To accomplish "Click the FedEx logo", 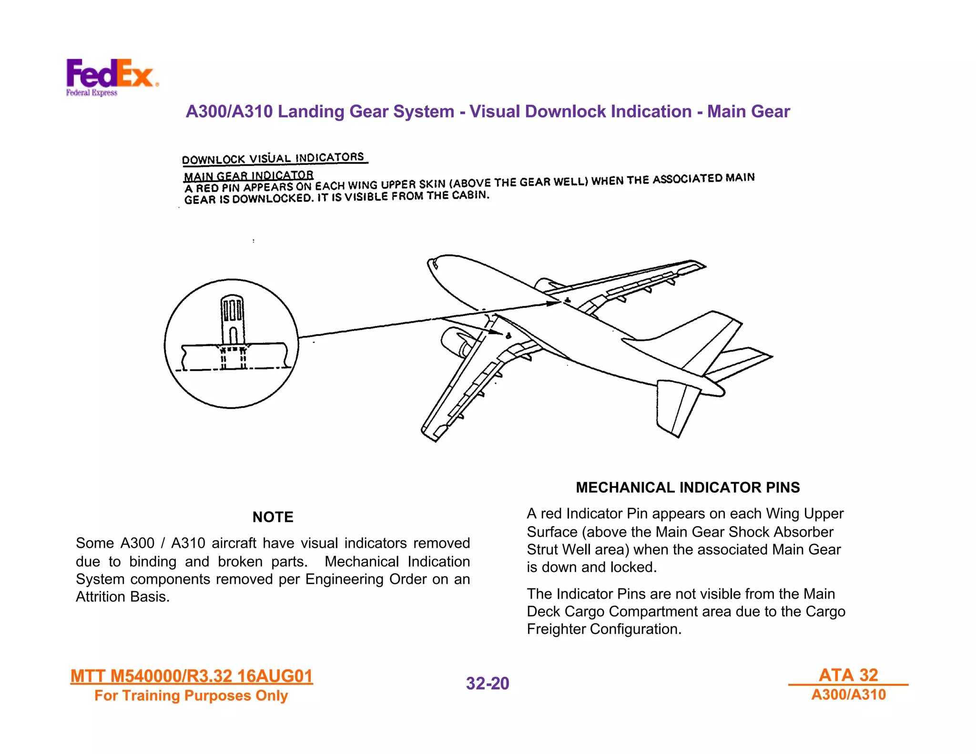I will pyautogui.click(x=111, y=76).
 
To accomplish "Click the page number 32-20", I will pyautogui.click(x=487, y=683).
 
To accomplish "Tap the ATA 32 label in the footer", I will pyautogui.click(x=848, y=675).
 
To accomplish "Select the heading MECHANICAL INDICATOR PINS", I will pyautogui.click(x=687, y=487).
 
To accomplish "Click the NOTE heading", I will pyautogui.click(x=273, y=517).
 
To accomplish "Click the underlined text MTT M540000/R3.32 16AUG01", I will pyautogui.click(x=192, y=676).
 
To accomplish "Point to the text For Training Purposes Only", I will pyautogui.click(x=191, y=696).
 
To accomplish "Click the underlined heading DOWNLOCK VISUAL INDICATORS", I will pyautogui.click(x=273, y=158).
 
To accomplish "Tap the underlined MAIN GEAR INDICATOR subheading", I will pyautogui.click(x=248, y=176).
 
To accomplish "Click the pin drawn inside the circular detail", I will pyautogui.click(x=233, y=319).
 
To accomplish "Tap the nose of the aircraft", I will pyautogui.click(x=434, y=265).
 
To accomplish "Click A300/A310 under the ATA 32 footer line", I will pyautogui.click(x=848, y=695).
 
